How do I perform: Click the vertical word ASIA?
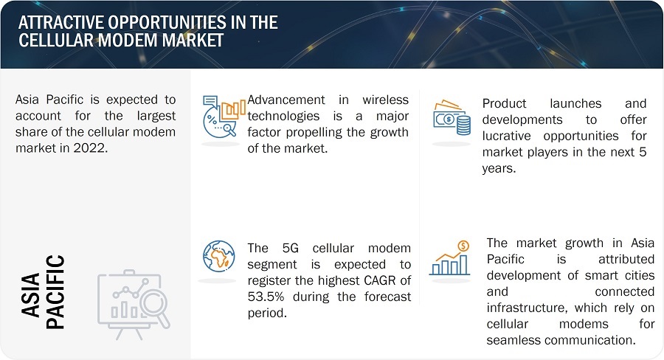point(30,295)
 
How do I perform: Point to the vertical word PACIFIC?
point(55,292)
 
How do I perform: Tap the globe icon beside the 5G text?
point(218,257)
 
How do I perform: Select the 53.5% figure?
point(266,297)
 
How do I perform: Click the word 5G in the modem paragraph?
point(290,248)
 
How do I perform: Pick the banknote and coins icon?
point(452,118)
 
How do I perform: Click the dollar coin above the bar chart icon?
point(464,246)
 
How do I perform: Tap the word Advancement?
point(286,100)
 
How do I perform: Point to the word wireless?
point(385,100)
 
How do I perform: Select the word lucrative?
point(506,136)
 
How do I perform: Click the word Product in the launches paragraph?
point(503,104)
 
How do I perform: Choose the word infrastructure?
point(525,308)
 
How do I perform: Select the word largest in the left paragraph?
point(156,116)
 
